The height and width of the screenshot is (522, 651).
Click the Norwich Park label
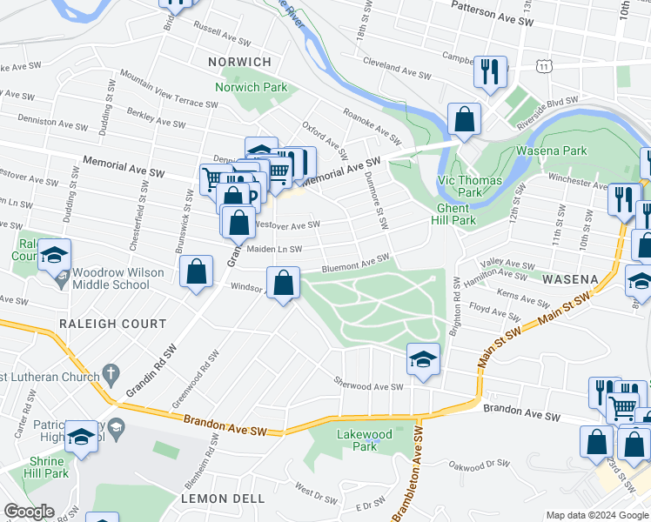click(251, 88)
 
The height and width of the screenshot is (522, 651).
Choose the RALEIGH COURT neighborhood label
click(112, 324)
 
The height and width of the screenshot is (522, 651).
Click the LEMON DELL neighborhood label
click(215, 499)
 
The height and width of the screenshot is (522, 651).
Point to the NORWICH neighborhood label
click(239, 62)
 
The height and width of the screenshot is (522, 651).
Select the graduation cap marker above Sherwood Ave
click(422, 359)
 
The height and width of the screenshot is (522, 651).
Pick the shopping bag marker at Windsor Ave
click(283, 284)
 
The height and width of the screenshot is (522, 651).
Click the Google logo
click(30, 512)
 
